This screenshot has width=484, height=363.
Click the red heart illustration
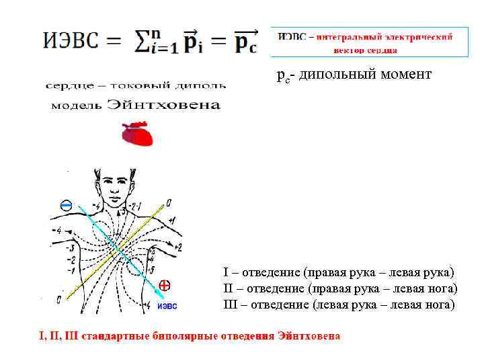click(x=137, y=134)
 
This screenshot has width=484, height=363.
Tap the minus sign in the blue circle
click(x=66, y=206)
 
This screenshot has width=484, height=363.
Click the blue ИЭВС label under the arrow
click(x=167, y=306)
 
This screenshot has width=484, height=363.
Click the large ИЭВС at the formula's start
click(x=72, y=40)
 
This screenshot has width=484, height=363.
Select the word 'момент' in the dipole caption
click(x=406, y=75)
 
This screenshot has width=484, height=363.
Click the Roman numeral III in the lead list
click(x=230, y=305)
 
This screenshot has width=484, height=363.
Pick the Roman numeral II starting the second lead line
click(x=228, y=288)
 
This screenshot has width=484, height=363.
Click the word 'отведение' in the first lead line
click(x=270, y=272)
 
